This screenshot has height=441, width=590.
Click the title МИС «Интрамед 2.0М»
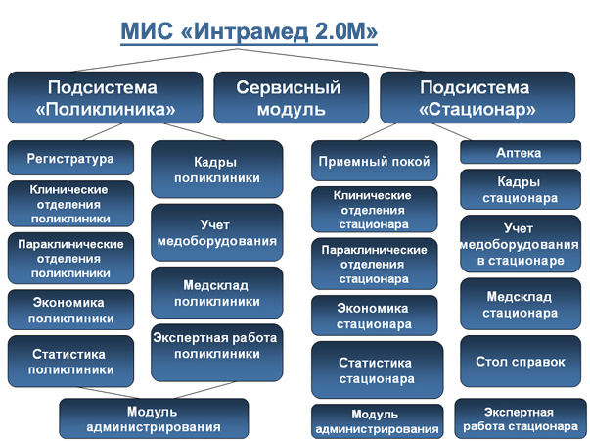click(x=250, y=31)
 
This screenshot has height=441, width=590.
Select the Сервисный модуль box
click(x=292, y=98)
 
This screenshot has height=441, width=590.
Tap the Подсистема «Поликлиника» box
click(x=105, y=98)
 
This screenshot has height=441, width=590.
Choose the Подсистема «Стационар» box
click(x=477, y=98)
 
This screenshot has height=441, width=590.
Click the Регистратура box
click(x=70, y=158)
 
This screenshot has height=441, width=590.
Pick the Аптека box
click(x=521, y=152)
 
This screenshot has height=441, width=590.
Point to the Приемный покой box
click(x=375, y=161)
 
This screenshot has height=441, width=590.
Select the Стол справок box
click(x=521, y=362)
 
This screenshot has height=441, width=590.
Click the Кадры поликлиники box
click(x=217, y=170)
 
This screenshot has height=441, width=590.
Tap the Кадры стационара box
click(x=521, y=189)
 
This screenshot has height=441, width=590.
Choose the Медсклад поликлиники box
click(x=217, y=293)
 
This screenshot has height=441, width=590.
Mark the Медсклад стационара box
click(x=521, y=304)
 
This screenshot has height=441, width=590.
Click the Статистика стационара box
click(x=377, y=370)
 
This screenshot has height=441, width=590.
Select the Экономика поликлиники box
click(x=70, y=310)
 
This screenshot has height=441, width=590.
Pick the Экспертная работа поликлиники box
click(x=217, y=353)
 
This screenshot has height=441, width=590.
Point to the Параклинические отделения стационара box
click(x=375, y=264)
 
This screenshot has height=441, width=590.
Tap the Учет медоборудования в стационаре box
click(x=521, y=244)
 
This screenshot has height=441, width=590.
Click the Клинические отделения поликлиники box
click(x=70, y=204)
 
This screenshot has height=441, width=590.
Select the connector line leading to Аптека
click(x=451, y=132)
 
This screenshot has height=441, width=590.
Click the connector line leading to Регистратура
click(x=103, y=132)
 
